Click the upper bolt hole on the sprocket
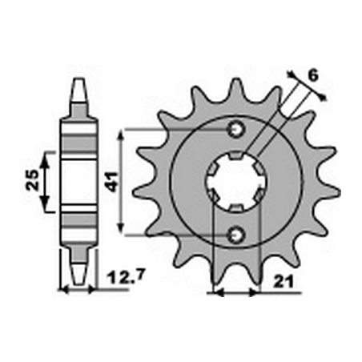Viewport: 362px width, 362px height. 237,129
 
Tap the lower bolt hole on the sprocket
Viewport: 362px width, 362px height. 237,233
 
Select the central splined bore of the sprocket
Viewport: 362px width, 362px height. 237,181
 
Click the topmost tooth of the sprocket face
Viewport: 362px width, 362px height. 237,86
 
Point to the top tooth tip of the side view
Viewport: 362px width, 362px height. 78,83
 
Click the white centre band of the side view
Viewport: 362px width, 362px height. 78,181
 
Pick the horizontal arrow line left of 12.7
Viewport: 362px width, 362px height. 78,288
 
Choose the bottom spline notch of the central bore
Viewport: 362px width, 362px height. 237,210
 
